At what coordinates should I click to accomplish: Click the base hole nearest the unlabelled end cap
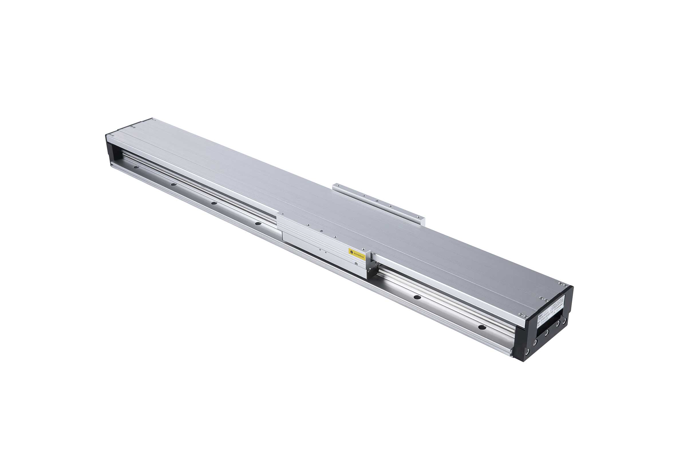(x=136, y=167)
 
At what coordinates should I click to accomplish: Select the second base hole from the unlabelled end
(x=173, y=184)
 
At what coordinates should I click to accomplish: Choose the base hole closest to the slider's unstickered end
(x=258, y=223)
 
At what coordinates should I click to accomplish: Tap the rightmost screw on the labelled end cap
(x=565, y=320)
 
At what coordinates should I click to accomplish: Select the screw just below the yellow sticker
(x=356, y=263)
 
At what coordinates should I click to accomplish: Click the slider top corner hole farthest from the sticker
(x=282, y=213)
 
